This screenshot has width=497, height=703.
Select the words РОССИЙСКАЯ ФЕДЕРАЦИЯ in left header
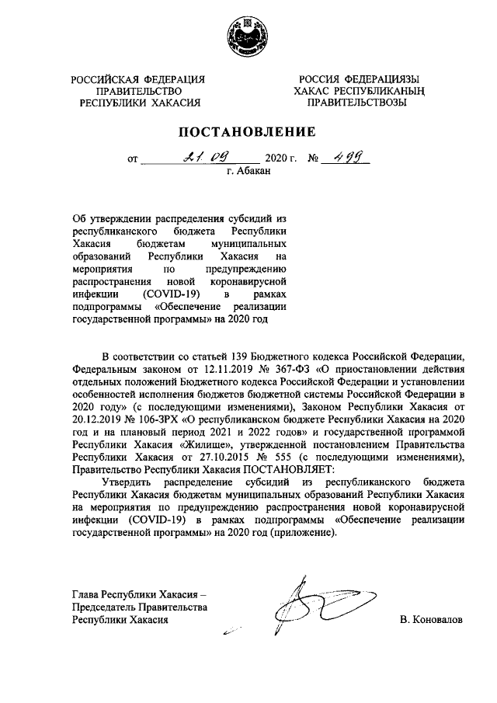[137, 80]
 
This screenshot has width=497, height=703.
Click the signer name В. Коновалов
[429, 621]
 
